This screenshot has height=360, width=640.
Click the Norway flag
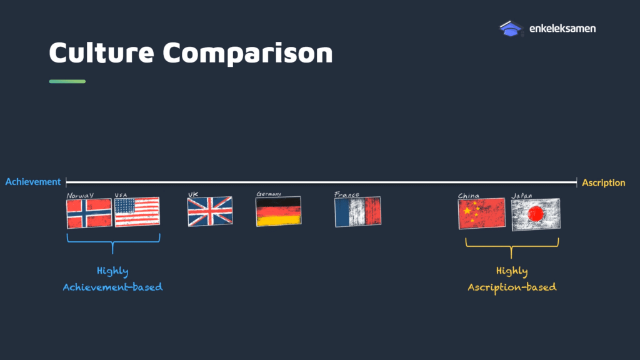[x=89, y=213]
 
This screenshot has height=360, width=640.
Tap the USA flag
[x=137, y=212]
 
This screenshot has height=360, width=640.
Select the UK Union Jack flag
[x=210, y=211]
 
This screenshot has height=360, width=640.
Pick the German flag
[x=278, y=211]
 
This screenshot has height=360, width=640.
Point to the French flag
[x=357, y=211]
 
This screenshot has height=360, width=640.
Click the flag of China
[x=482, y=214]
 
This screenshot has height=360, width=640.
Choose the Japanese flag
[x=536, y=214]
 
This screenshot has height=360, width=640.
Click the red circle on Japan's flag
[x=536, y=214]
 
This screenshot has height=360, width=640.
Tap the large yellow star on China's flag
[x=467, y=211]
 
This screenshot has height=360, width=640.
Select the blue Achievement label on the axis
[x=32, y=182]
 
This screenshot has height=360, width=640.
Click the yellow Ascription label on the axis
[x=603, y=183]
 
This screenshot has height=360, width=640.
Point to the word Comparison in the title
[x=247, y=53]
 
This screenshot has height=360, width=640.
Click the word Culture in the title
[x=102, y=52]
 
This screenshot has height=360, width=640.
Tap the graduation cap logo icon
[x=511, y=29]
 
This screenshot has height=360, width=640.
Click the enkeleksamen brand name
[x=562, y=29]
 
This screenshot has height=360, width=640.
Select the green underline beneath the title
[x=67, y=81]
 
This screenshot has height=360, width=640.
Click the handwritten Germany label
[x=269, y=194]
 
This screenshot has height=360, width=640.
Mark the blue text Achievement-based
[x=112, y=287]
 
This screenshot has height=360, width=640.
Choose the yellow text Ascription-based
[x=512, y=287]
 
